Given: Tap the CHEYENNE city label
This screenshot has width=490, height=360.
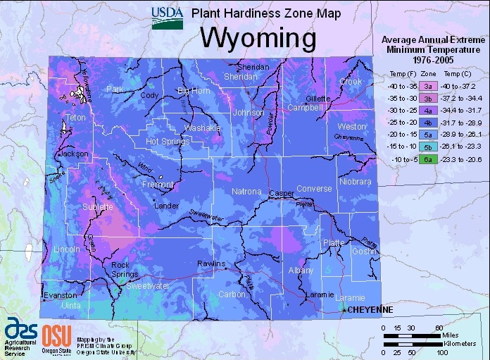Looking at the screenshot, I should click(371, 309).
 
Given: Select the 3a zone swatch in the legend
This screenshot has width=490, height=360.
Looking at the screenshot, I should click(427, 85).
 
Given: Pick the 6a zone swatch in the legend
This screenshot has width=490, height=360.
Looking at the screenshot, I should click(427, 160).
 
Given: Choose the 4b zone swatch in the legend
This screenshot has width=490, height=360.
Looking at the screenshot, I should click(427, 123).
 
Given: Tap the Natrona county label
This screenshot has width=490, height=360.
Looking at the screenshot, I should click(247, 192).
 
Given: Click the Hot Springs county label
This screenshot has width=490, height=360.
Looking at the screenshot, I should click(168, 142).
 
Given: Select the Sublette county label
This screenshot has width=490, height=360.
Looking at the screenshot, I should click(98, 207).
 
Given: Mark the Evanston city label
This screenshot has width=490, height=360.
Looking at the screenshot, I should click(61, 295).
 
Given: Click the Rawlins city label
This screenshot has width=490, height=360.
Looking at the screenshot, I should click(211, 264).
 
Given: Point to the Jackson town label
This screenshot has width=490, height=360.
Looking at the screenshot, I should click(75, 153).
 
